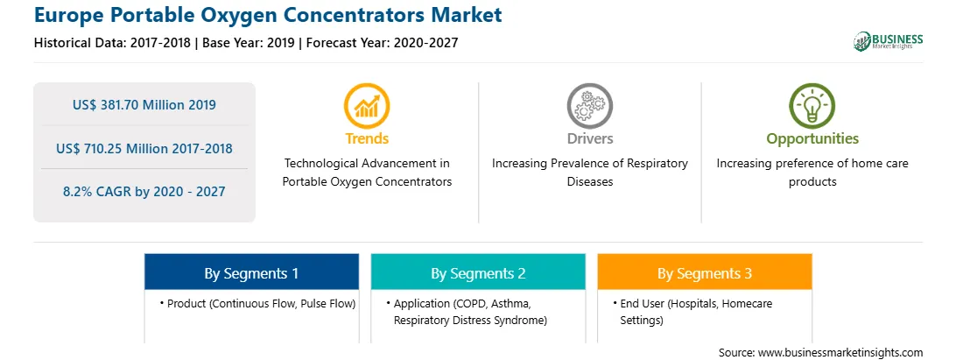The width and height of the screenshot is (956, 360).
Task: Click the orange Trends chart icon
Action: point(367,106)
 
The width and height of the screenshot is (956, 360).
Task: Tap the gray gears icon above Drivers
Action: point(589,106)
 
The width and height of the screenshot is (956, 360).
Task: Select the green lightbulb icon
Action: point(812,106)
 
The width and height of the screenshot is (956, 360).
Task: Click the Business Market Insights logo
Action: point(889,41)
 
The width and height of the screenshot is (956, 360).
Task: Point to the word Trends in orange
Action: point(367,138)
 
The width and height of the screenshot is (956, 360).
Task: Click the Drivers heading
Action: point(590,138)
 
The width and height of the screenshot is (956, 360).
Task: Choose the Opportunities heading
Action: point(812,138)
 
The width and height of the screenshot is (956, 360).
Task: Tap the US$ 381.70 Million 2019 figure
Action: point(144,105)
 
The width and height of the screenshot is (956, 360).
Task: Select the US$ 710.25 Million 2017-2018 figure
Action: point(144,148)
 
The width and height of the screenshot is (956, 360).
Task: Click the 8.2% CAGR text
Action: point(144,192)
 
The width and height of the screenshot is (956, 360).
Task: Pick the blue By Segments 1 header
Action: point(252,272)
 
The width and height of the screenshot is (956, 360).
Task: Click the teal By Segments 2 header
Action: point(479,272)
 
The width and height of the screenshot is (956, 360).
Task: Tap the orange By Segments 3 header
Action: point(705,272)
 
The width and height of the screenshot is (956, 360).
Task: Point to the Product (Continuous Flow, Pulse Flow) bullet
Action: point(258,303)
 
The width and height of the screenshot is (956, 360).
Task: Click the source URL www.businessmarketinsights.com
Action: point(840,353)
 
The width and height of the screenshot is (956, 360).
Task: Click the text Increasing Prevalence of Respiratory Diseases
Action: point(590,173)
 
